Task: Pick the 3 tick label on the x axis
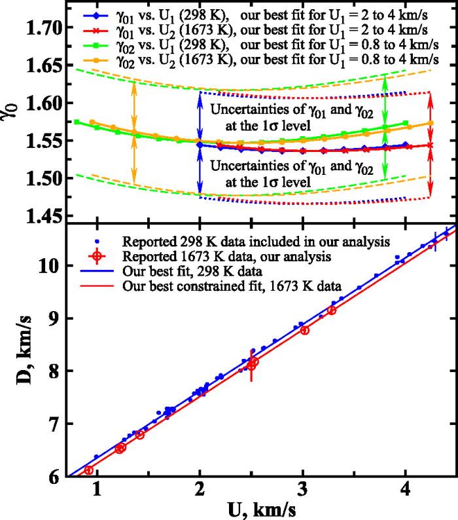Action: pos(302,489)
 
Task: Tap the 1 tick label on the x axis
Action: pos(97,489)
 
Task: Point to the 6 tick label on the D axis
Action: pos(55,477)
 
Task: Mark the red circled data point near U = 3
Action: pos(304,331)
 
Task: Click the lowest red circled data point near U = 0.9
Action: pos(89,470)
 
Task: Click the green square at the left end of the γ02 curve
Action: pos(77,122)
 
